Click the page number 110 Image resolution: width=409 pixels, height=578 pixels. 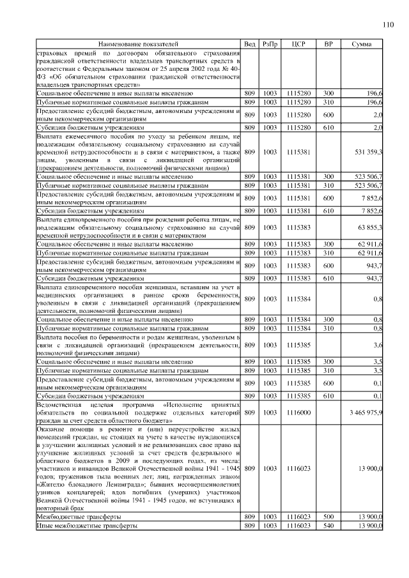click(x=387, y=25)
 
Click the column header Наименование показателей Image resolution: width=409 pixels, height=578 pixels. click(x=138, y=43)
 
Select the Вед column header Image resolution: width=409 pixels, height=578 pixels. click(x=250, y=43)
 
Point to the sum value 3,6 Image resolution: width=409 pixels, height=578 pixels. click(x=378, y=345)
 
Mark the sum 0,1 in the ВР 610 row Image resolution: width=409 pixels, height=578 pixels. click(x=378, y=396)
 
